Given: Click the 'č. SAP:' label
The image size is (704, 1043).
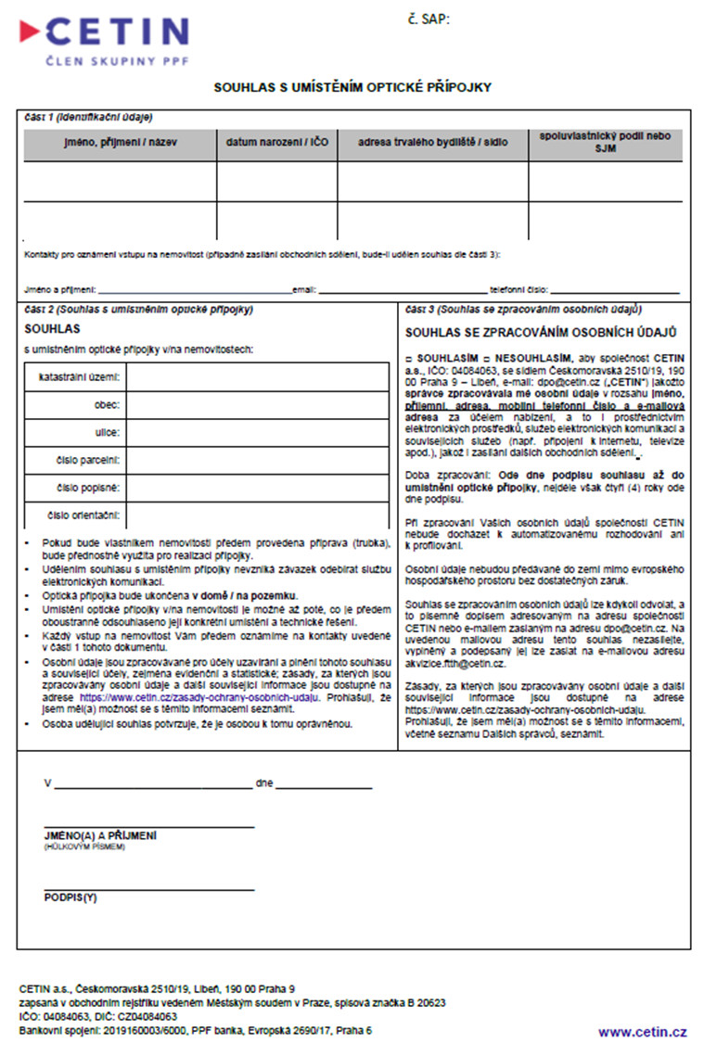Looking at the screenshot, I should tap(429, 19).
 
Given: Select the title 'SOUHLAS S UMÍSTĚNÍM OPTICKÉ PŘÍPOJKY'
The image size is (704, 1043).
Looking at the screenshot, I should tap(352, 88).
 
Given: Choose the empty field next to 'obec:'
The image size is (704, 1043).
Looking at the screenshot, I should tap(257, 405).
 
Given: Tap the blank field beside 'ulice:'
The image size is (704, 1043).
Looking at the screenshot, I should tap(257, 432).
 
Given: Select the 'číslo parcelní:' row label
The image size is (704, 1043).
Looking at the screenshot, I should tap(89, 459).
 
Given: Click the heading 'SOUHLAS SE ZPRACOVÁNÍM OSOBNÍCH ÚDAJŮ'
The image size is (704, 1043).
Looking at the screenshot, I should tap(541, 331).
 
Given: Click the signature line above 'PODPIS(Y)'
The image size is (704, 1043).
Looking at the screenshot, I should tap(149, 890).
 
